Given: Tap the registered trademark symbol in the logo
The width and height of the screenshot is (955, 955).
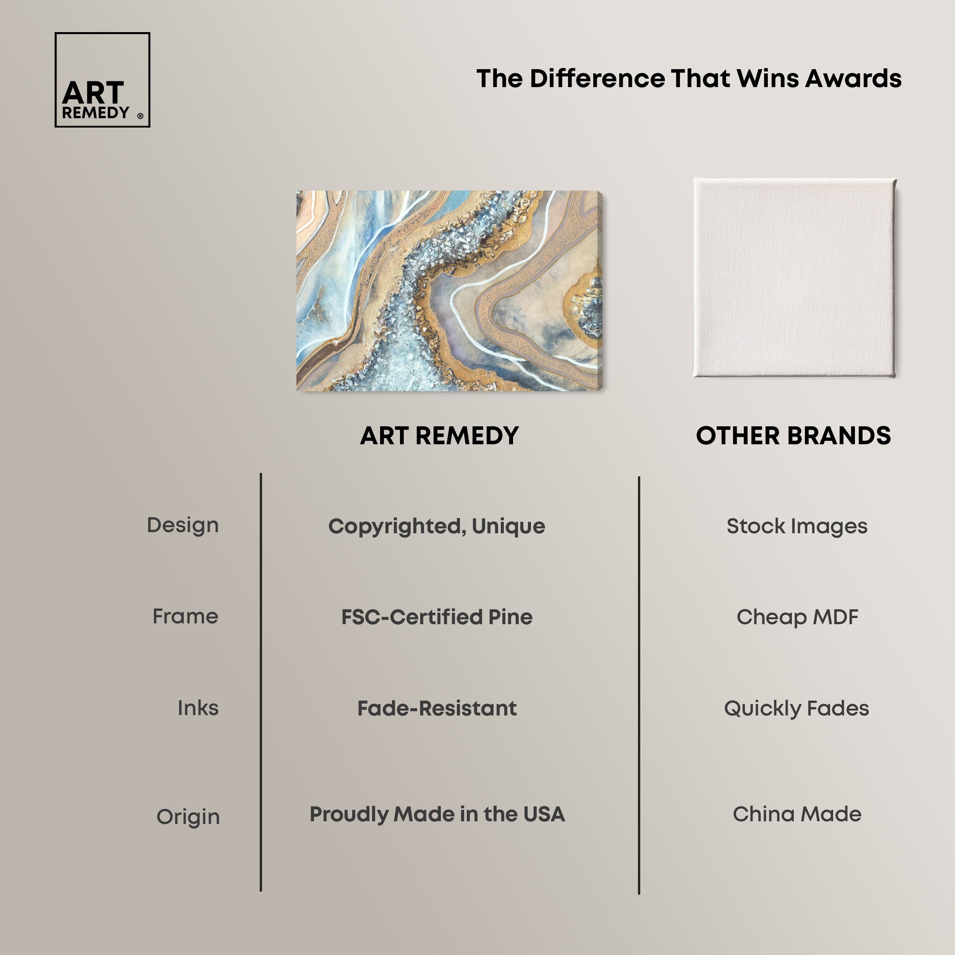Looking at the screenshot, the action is click(x=140, y=116).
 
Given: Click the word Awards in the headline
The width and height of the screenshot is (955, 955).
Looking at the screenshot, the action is click(x=853, y=79).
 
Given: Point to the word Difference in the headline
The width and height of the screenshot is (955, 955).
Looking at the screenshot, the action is click(x=597, y=79).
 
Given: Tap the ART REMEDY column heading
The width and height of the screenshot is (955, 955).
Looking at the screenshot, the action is click(x=439, y=435).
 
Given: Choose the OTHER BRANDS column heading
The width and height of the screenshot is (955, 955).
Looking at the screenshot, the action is click(x=793, y=435).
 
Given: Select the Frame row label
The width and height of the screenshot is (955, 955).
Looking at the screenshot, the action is click(x=185, y=617).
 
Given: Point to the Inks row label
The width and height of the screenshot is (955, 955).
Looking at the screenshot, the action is click(x=198, y=708).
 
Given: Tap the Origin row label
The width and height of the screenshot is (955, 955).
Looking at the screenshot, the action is click(x=188, y=817).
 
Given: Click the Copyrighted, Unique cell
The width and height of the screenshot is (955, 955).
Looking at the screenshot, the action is click(x=437, y=526).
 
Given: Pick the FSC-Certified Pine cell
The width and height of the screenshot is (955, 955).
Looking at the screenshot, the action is click(x=437, y=617).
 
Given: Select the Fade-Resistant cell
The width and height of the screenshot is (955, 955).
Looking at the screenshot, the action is click(x=437, y=708).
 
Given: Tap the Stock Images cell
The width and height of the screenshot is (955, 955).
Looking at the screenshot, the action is click(x=797, y=526).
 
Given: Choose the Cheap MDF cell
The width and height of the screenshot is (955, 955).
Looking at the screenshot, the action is click(x=797, y=617).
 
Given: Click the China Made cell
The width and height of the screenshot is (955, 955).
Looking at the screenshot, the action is click(x=797, y=814).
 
